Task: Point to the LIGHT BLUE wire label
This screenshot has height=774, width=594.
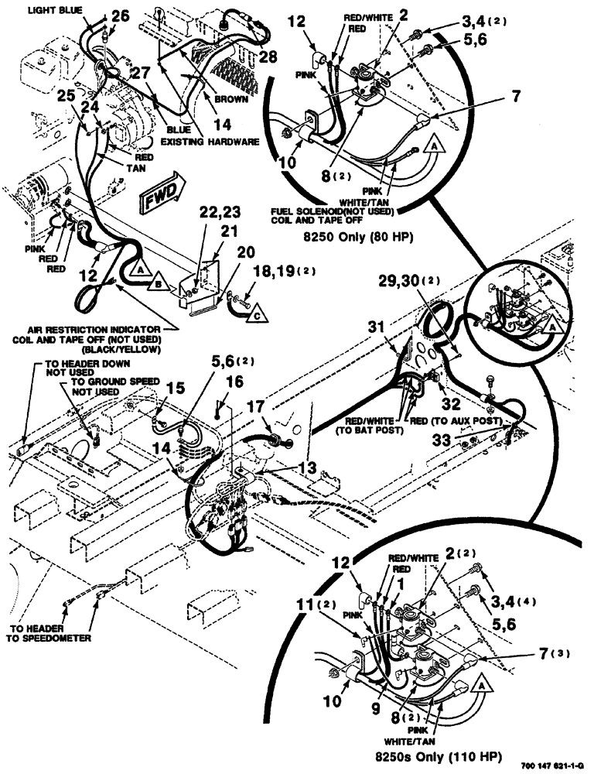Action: [55, 12]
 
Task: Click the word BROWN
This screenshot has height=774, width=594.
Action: [232, 100]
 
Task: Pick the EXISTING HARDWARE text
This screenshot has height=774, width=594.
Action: [209, 142]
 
